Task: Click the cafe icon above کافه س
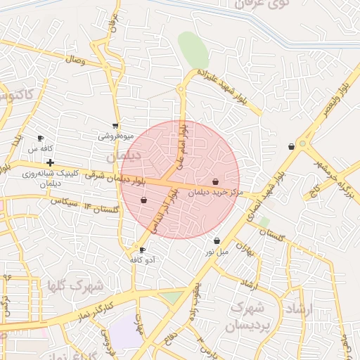[x=40, y=138]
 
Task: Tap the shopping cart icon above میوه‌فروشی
[x=115, y=126]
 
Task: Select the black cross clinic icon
[x=50, y=163]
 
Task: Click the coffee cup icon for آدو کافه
[x=143, y=250]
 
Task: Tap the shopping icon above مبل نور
[x=217, y=240]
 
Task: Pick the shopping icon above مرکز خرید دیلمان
[x=215, y=181]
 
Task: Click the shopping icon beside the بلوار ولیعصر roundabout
[x=291, y=146]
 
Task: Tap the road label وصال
[x=75, y=60]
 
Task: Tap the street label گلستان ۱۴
[x=101, y=208]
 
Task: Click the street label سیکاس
[x=63, y=201]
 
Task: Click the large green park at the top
[x=193, y=49]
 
